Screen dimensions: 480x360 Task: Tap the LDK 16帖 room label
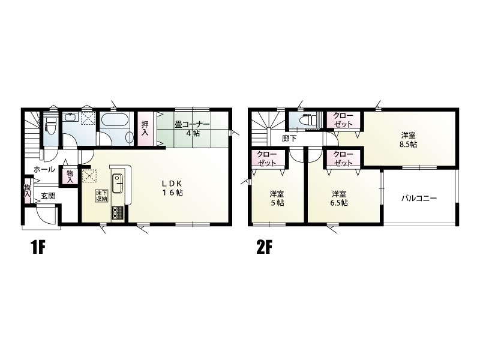pyautogui.click(x=172, y=188)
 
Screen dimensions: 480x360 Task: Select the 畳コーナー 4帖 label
pyautogui.click(x=192, y=129)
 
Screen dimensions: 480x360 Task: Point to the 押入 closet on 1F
pyautogui.click(x=145, y=128)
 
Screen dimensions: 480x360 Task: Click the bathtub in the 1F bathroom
pyautogui.click(x=115, y=119)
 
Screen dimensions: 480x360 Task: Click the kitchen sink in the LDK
pyautogui.click(x=118, y=183)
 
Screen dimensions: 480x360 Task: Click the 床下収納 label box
pyautogui.click(x=101, y=196)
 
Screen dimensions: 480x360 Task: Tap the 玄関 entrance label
pyautogui.click(x=49, y=196)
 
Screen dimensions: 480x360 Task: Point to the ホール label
pyautogui.click(x=44, y=169)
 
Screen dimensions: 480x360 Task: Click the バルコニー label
pyautogui.click(x=419, y=198)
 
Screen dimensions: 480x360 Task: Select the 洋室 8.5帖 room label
pyautogui.click(x=409, y=140)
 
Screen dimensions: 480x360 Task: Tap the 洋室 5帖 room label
pyautogui.click(x=277, y=199)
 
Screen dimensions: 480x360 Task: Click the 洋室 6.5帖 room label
pyautogui.click(x=340, y=199)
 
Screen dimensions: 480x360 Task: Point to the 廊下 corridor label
pyautogui.click(x=289, y=139)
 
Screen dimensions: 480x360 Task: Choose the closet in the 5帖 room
pyautogui.click(x=267, y=158)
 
